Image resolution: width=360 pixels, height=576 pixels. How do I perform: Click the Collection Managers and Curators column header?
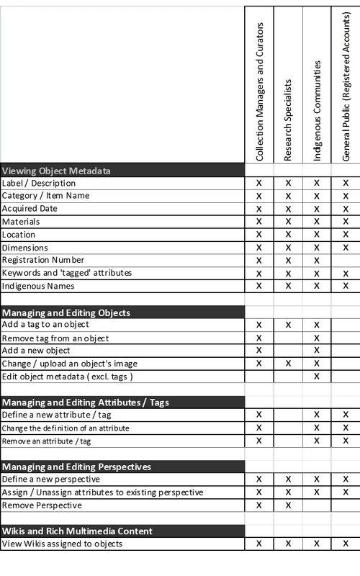(260, 91)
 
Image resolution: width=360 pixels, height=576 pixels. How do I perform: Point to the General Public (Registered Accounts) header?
(345, 84)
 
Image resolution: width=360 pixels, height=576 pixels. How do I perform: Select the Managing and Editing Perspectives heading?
(76, 467)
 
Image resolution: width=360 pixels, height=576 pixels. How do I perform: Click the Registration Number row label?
(43, 260)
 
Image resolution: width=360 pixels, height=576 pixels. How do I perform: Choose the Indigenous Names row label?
(38, 286)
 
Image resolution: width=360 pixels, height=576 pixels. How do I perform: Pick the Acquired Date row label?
(30, 208)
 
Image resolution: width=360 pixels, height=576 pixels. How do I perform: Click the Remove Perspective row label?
(42, 505)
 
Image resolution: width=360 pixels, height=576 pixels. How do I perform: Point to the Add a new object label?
(36, 350)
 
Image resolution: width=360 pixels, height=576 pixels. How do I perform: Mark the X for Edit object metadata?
(317, 376)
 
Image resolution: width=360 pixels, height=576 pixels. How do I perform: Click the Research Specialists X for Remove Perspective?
(288, 505)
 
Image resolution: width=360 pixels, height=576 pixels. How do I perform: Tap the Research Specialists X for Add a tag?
(288, 325)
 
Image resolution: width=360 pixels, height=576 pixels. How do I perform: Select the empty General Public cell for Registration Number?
(346, 260)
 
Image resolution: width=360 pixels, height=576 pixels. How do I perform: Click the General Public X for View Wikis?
(346, 544)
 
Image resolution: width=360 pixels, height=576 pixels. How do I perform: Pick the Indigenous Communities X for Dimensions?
(317, 247)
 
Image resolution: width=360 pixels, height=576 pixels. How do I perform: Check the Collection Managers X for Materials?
(259, 221)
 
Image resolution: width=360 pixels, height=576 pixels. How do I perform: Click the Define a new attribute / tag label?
(56, 415)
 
